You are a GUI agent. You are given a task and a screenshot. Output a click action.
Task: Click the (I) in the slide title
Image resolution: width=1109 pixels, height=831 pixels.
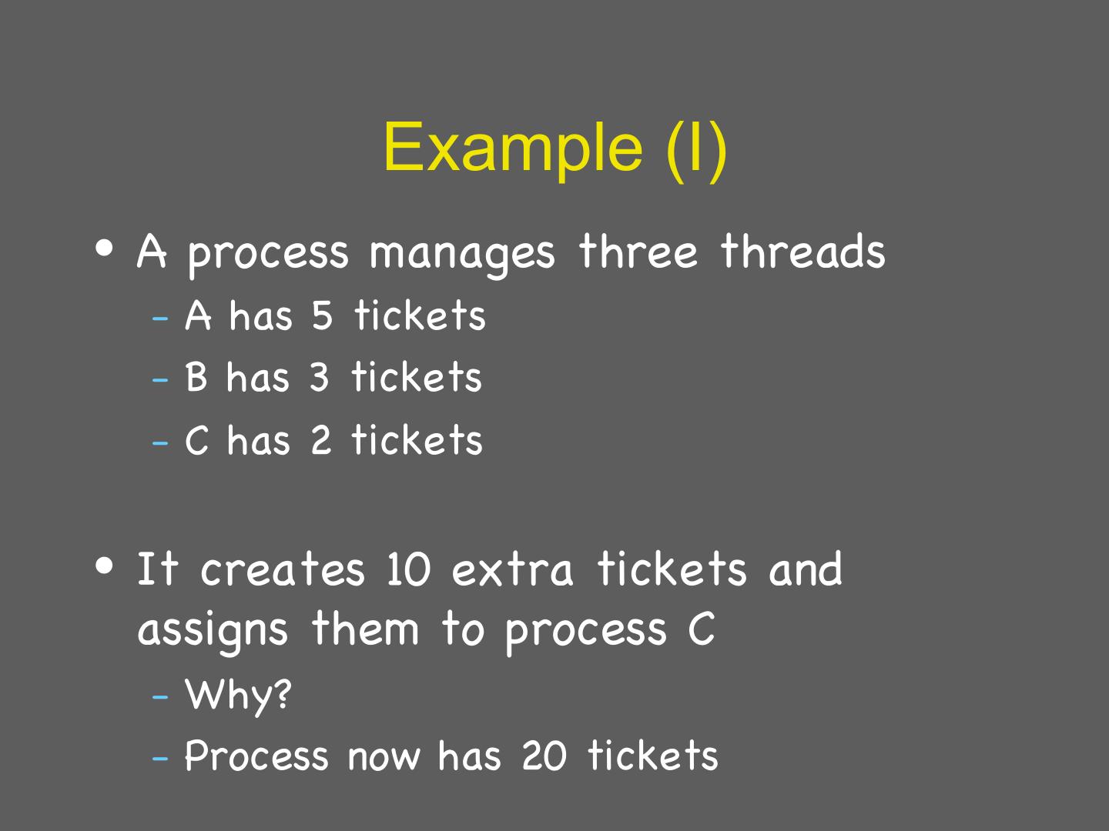pos(696,147)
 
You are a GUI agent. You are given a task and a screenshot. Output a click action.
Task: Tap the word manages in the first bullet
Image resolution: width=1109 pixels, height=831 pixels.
pos(461,253)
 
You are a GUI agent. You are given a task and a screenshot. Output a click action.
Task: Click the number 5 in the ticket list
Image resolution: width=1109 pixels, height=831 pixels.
pos(322,315)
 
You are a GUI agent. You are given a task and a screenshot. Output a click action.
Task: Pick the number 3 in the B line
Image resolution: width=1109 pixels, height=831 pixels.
pos(319,378)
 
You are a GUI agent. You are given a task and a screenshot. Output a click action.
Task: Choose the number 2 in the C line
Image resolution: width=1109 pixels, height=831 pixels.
pos(320,440)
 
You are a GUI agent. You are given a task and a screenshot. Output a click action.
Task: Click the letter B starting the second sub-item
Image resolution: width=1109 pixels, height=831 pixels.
pos(196,378)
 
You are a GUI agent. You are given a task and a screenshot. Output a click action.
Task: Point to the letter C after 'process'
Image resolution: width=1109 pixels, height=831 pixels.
pos(702,629)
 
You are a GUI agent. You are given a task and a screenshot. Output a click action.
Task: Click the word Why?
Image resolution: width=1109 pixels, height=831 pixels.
pos(239,695)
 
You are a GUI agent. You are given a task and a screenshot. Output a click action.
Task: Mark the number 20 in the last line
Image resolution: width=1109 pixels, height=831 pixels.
pos(544,756)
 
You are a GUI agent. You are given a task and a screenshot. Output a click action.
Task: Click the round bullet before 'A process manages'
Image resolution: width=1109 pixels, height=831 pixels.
pos(106,249)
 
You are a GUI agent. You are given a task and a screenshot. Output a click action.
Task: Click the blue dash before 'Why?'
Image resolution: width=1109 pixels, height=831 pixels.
pos(160,696)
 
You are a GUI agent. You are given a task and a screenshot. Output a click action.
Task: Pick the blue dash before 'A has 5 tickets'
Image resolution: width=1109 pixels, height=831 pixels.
pos(160,317)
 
